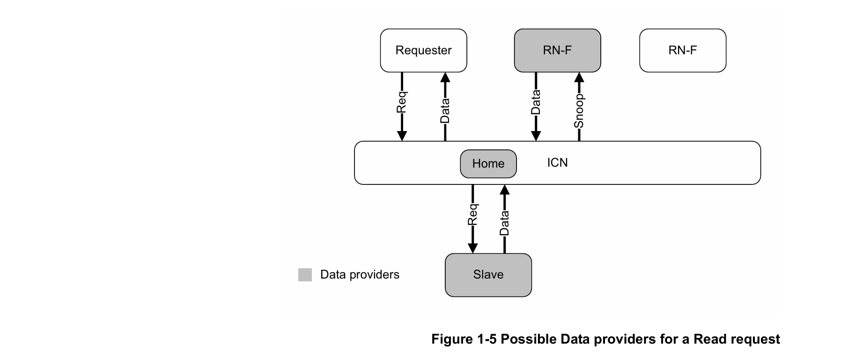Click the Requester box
(423, 51)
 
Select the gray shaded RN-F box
(557, 51)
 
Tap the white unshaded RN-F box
(683, 51)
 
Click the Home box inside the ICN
(488, 164)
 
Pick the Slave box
(488, 275)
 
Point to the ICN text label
(557, 162)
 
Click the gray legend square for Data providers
(305, 275)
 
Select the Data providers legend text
(360, 274)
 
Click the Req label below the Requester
(401, 103)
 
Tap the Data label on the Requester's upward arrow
(445, 111)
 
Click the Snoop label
(579, 111)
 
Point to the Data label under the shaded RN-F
(536, 102)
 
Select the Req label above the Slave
(472, 214)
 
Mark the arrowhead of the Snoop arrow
(579, 77)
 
